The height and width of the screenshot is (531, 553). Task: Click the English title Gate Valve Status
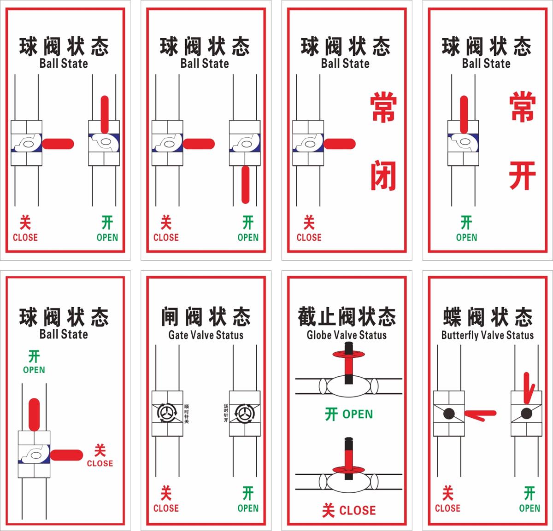tap(206, 335)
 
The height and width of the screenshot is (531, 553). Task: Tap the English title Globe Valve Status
tap(347, 335)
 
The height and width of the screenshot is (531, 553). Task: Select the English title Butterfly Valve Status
tap(487, 335)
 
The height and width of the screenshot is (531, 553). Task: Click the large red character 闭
tap(383, 175)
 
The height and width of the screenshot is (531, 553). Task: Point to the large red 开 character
tap(522, 175)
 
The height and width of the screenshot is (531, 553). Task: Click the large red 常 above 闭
tap(383, 108)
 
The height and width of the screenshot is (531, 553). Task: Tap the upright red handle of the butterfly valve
tap(528, 387)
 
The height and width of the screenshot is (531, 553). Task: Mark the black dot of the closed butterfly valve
tap(449, 414)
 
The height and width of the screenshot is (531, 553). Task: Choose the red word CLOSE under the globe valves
tap(357, 510)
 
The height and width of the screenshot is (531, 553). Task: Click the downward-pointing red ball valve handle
tap(245, 184)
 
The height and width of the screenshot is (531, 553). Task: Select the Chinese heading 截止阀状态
tap(347, 316)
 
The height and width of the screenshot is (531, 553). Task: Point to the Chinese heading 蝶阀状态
tap(487, 317)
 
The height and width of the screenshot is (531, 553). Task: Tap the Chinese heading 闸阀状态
tap(206, 317)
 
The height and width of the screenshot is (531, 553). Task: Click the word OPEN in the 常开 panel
tap(466, 237)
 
